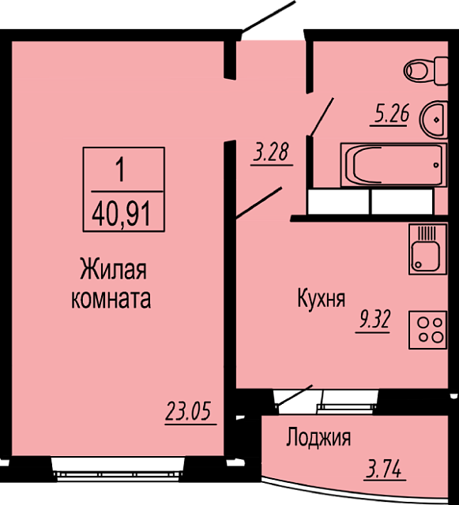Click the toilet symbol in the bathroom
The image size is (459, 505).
click(426, 71)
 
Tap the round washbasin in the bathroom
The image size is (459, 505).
click(434, 119)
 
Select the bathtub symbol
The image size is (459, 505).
click(393, 165)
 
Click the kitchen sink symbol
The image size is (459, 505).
click(427, 249)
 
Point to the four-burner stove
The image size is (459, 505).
click(427, 330)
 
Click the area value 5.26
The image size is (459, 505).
click(392, 114)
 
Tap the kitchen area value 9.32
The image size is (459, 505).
click(373, 319)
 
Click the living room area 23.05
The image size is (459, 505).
click(188, 411)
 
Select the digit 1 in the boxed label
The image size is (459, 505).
click(120, 170)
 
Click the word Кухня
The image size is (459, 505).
click(322, 298)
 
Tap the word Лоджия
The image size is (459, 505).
click(318, 437)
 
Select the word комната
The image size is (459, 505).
click(111, 299)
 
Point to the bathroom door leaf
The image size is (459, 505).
click(322, 117)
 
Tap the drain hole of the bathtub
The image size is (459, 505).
click(436, 165)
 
